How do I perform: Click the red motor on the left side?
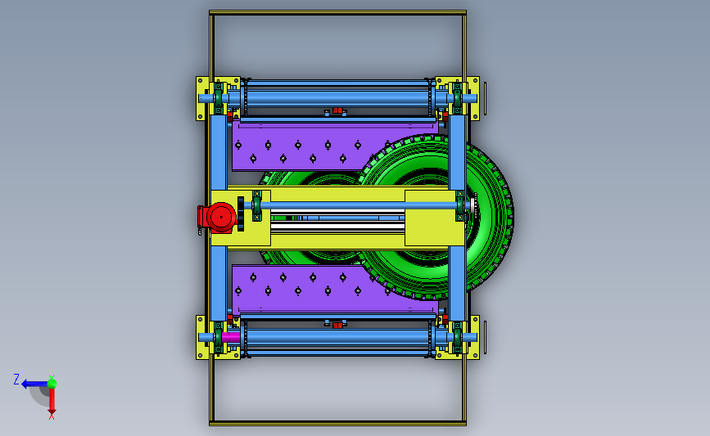tap(219, 217)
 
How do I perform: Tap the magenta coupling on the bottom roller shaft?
tap(230, 337)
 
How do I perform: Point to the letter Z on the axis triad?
tap(16, 379)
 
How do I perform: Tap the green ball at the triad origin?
tap(52, 384)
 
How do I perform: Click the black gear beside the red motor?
tap(241, 214)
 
